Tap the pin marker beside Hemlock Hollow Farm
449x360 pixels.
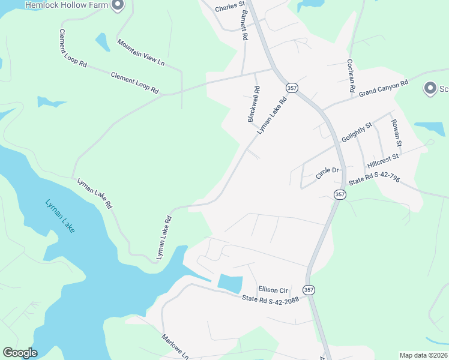[118, 5]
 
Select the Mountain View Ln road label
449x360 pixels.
[141, 52]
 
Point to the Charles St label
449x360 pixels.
[231, 7]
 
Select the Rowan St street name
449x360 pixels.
[396, 133]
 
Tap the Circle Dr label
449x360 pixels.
[328, 173]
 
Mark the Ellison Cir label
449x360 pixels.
[274, 289]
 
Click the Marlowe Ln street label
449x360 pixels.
[175, 347]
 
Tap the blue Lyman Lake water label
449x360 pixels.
[61, 216]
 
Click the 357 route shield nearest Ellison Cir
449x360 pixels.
[309, 289]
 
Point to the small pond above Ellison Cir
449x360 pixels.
[230, 284]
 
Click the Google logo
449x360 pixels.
[20, 353]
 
